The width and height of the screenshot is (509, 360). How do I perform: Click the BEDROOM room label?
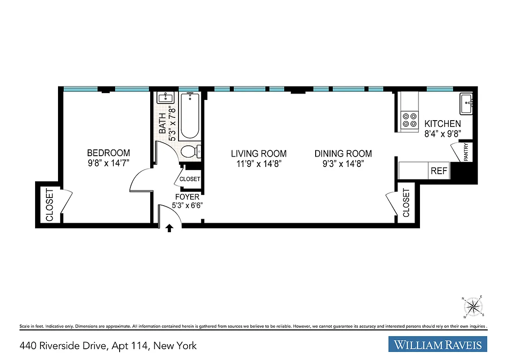click(108, 153)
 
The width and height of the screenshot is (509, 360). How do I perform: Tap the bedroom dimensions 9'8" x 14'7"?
click(108, 163)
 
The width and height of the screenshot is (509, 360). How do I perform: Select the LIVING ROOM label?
click(259, 153)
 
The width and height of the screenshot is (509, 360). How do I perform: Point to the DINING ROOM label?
click(343, 153)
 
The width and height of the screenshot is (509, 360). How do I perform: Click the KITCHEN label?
click(442, 124)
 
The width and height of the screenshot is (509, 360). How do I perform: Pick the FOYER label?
click(188, 197)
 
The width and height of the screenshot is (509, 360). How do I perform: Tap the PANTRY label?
click(466, 152)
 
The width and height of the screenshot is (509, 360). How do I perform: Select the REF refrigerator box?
click(439, 171)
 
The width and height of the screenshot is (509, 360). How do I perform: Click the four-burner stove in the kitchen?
click(409, 119)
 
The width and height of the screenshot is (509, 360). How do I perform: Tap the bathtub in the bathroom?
click(189, 116)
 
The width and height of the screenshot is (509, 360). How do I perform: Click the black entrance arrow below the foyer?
click(169, 228)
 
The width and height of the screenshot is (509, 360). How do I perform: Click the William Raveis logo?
click(438, 345)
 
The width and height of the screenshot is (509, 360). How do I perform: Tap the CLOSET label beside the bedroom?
click(49, 205)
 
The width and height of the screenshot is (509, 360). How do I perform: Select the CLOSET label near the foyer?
click(189, 179)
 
